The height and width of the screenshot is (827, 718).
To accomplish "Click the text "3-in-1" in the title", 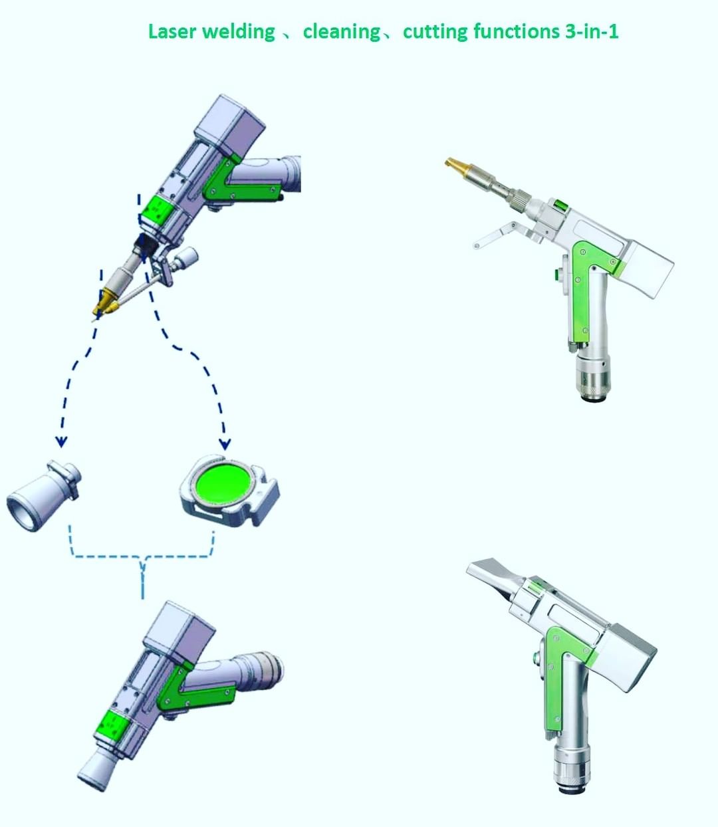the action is pos(592,31).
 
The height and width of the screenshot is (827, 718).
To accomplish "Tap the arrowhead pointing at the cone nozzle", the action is pos(61,441).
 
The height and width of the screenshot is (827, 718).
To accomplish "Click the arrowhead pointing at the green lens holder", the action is pos(225,445).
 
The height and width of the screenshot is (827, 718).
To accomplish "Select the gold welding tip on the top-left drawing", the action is pos(104,302).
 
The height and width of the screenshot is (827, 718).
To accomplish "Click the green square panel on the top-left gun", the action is pos(156,209).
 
